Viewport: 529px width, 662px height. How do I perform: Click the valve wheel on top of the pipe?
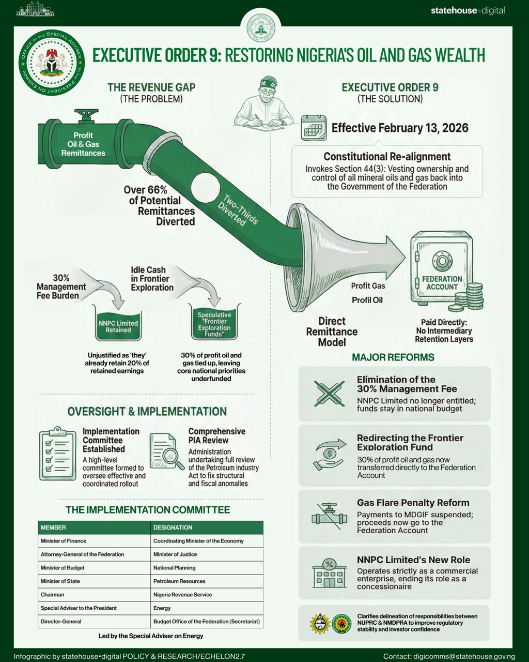coord(86,114)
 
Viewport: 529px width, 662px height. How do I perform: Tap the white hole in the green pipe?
coord(205,188)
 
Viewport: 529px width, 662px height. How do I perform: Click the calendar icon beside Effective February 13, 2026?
coord(314,128)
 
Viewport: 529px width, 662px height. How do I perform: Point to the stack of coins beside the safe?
coord(466,297)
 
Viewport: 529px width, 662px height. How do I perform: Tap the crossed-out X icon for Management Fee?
coord(329,394)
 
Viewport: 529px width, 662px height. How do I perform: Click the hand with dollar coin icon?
coord(329,455)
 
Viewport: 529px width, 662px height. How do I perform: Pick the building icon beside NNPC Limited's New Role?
coord(329,574)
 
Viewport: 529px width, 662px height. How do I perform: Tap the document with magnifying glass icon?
coord(167,452)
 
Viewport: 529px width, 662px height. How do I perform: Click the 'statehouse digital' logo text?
coord(468,11)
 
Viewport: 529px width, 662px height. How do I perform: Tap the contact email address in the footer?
coord(464,656)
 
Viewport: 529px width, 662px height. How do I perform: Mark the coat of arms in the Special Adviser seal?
coord(52,63)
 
